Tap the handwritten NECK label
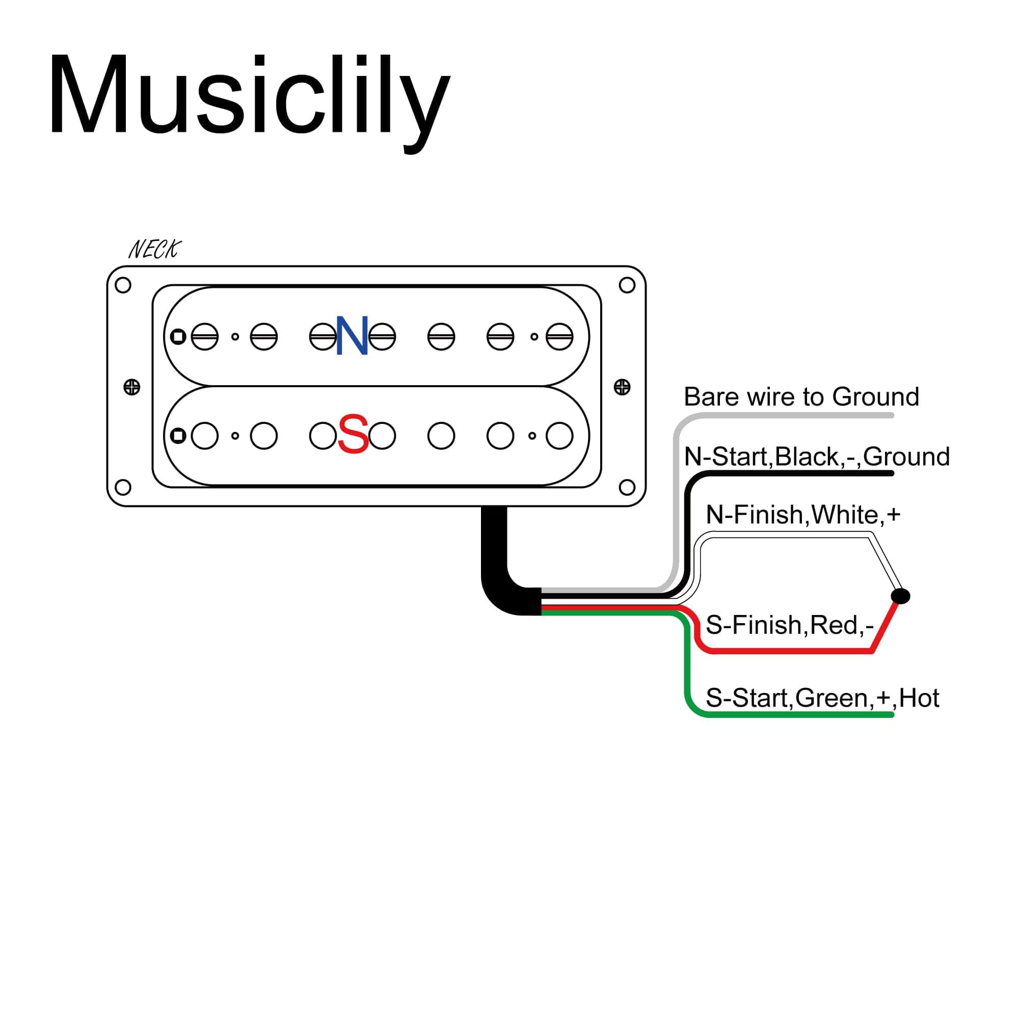pos(154,250)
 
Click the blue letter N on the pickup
pos(352,336)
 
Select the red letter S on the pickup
pos(353,434)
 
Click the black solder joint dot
pos(900,597)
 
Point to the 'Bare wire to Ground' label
pos(800,396)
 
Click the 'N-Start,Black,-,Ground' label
pos(816,457)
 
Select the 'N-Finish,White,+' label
pos(803,515)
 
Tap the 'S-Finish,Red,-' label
pos(790,625)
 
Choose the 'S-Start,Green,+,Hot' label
pos(822,699)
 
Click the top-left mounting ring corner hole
pos(123,285)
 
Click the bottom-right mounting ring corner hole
pos(627,488)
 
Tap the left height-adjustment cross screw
pos(132,387)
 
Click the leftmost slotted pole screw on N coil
pos(205,336)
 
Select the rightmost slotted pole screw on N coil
pos(559,336)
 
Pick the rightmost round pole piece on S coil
pos(559,436)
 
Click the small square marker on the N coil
pos(178,336)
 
